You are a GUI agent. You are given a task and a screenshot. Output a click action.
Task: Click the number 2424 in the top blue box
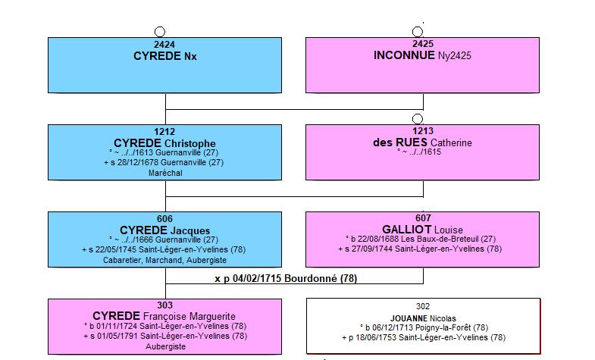coord(164,45)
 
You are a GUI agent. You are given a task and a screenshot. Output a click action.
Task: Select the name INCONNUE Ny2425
coord(422,55)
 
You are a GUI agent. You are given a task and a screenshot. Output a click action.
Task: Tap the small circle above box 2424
coord(160,32)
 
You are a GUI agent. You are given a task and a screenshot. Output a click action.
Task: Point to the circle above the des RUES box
coord(418,119)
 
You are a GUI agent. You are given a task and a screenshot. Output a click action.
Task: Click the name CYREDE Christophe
coord(164,143)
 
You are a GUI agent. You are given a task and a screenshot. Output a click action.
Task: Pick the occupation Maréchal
coord(165,173)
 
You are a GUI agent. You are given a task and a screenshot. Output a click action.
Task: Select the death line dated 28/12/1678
coord(164,162)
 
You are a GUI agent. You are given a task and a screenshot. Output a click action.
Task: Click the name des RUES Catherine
coord(422,142)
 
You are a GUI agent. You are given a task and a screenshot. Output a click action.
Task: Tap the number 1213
coord(423,131)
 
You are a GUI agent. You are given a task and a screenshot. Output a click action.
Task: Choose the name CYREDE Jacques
coord(164,230)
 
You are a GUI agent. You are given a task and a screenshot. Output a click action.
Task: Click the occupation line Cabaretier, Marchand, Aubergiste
coord(164,260)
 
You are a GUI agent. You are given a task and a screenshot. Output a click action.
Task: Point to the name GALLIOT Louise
coord(422,230)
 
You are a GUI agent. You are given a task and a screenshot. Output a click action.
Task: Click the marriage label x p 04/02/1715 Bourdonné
coord(286,279)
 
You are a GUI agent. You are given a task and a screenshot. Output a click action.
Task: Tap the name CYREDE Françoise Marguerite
coord(164,316)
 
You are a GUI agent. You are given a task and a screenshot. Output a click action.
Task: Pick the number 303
coord(164,305)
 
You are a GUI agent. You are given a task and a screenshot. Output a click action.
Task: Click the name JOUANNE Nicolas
coord(423,318)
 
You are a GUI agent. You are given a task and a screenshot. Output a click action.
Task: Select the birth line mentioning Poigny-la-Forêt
coord(424,327)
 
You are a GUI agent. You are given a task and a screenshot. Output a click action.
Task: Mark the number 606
coord(164,219)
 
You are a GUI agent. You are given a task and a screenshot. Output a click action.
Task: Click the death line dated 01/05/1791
coord(165,336)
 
